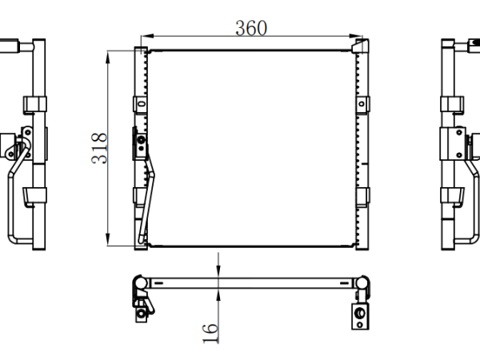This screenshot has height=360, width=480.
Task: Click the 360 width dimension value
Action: point(251,28)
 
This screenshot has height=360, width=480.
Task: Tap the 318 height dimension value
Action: point(99,148)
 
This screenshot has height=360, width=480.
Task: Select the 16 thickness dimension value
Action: point(210,333)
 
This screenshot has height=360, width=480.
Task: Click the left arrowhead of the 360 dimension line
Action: point(147,36)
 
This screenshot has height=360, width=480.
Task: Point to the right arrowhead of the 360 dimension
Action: point(356,36)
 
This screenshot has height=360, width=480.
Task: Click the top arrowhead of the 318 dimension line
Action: point(107,58)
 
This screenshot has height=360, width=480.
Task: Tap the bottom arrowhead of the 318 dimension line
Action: point(107,239)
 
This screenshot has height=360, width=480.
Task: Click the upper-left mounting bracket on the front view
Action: point(140,104)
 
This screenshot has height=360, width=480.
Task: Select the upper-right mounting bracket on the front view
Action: point(362,104)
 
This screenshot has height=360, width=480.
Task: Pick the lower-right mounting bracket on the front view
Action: point(362,196)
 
